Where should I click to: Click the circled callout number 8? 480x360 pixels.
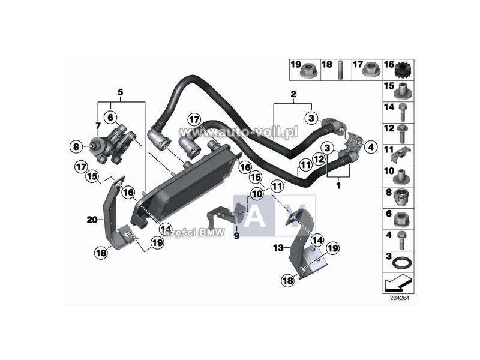tap(76, 146)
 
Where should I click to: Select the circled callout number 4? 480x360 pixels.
tap(371, 147)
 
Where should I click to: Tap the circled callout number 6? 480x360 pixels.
tap(110, 117)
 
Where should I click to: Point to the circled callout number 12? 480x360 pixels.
tap(319, 159)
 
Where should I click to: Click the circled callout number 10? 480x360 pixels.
tap(257, 194)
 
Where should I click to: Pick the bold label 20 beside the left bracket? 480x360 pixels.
tap(92, 220)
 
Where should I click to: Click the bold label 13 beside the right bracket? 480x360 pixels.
tap(278, 247)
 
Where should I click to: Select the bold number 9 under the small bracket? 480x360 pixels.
tap(236, 236)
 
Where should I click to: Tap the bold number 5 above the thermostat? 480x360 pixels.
tap(121, 92)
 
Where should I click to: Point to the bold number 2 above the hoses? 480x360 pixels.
tap(293, 94)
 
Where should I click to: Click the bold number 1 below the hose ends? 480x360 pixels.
tap(338, 185)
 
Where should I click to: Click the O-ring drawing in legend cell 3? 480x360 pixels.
tap(402, 263)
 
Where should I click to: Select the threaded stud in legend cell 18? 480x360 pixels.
tap(340, 70)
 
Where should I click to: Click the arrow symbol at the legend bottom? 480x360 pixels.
tap(398, 283)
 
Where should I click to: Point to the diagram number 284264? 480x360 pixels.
tap(400, 298)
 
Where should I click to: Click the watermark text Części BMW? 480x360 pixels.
tap(194, 233)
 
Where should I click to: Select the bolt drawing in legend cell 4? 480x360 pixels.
tap(401, 241)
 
